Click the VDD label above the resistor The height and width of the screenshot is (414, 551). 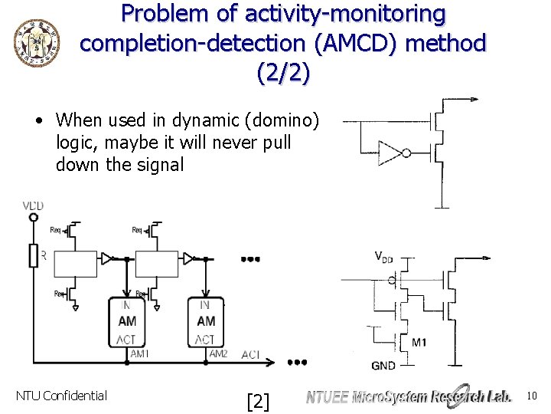click(34, 205)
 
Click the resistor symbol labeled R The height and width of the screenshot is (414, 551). click(33, 255)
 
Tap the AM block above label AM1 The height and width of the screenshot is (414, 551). click(128, 321)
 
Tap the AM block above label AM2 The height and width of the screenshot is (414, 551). click(206, 321)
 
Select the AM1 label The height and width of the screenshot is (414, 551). click(139, 353)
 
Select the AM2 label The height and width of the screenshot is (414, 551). click(218, 353)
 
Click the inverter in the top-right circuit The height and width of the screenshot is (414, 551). click(393, 153)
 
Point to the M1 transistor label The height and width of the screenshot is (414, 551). click(419, 342)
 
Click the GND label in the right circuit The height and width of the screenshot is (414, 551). click(383, 365)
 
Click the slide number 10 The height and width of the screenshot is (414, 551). click(533, 396)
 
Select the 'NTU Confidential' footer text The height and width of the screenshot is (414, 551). click(61, 396)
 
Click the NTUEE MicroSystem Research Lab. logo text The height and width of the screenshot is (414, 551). click(409, 396)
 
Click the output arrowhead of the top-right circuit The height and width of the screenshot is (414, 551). click(476, 99)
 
